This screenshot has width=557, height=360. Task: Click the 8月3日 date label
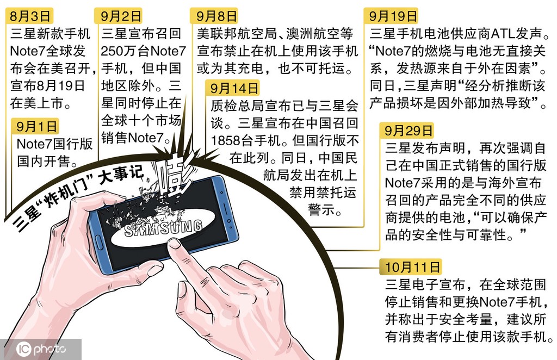pos(30,16)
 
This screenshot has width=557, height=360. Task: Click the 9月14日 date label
pos(233,88)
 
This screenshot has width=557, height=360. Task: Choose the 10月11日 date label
pos(412,267)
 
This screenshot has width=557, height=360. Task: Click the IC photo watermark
pos(40,349)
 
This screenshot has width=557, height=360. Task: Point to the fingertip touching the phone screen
pos(174,244)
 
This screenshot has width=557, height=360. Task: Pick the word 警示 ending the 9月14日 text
pos(324,210)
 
